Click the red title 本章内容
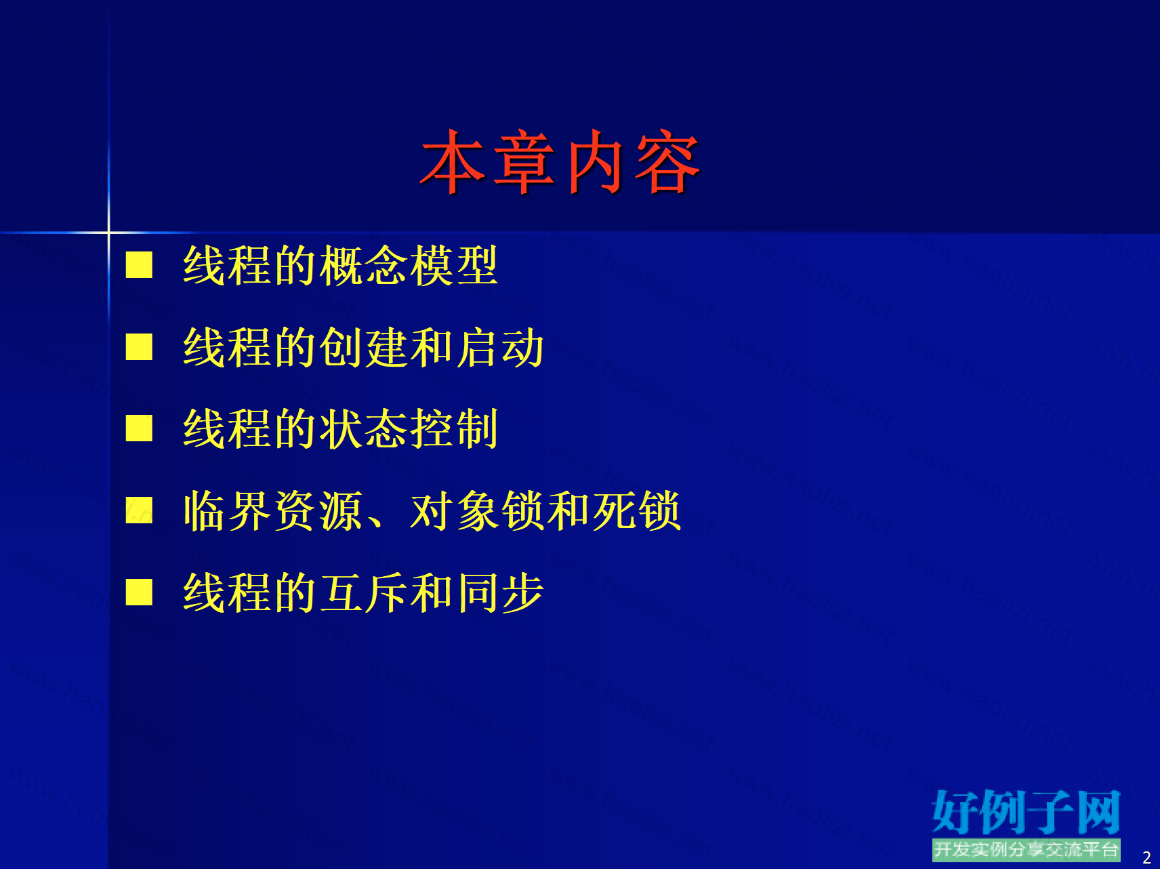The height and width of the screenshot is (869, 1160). tap(560, 162)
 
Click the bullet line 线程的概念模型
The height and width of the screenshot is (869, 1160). tap(341, 266)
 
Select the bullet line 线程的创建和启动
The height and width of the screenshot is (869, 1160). tap(363, 348)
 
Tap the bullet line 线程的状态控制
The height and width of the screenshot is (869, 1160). tap(341, 429)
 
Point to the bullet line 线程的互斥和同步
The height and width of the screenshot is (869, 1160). tap(363, 593)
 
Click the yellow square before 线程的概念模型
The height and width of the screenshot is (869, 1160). tap(139, 265)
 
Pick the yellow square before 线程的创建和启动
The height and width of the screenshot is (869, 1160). tap(139, 346)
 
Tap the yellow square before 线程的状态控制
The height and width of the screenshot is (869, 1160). tap(139, 428)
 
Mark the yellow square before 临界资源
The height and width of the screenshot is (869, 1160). tap(139, 510)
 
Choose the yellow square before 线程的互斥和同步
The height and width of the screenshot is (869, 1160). tap(139, 592)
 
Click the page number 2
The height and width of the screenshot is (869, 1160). tap(1146, 857)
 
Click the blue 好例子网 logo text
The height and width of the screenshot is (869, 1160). tap(1026, 812)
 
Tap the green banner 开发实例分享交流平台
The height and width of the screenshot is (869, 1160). tap(1026, 850)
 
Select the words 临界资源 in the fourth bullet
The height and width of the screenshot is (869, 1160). tap(273, 511)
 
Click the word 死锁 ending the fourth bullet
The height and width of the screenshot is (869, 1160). tap(636, 511)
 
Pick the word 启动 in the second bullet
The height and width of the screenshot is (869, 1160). tap(500, 348)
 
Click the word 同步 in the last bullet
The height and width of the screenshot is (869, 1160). tap(500, 593)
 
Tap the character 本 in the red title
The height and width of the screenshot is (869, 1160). tap(453, 162)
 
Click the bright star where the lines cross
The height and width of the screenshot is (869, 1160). tap(108, 233)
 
